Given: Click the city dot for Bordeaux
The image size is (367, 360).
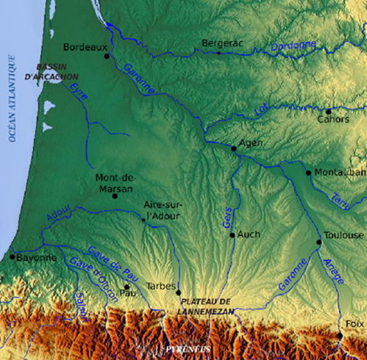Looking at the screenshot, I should click(107, 56).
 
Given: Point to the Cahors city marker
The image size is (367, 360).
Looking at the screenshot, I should click(329, 112).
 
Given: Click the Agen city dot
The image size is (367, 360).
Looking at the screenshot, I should click(234, 148).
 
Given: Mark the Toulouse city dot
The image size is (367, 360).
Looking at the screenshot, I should click(319, 242).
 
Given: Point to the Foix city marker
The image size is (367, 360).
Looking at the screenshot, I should click(340, 335).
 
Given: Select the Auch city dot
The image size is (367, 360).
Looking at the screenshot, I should click(232, 235).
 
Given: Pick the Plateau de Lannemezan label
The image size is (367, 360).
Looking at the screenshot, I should click(207, 306).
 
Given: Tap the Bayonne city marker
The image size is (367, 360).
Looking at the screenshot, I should click(12, 257).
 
